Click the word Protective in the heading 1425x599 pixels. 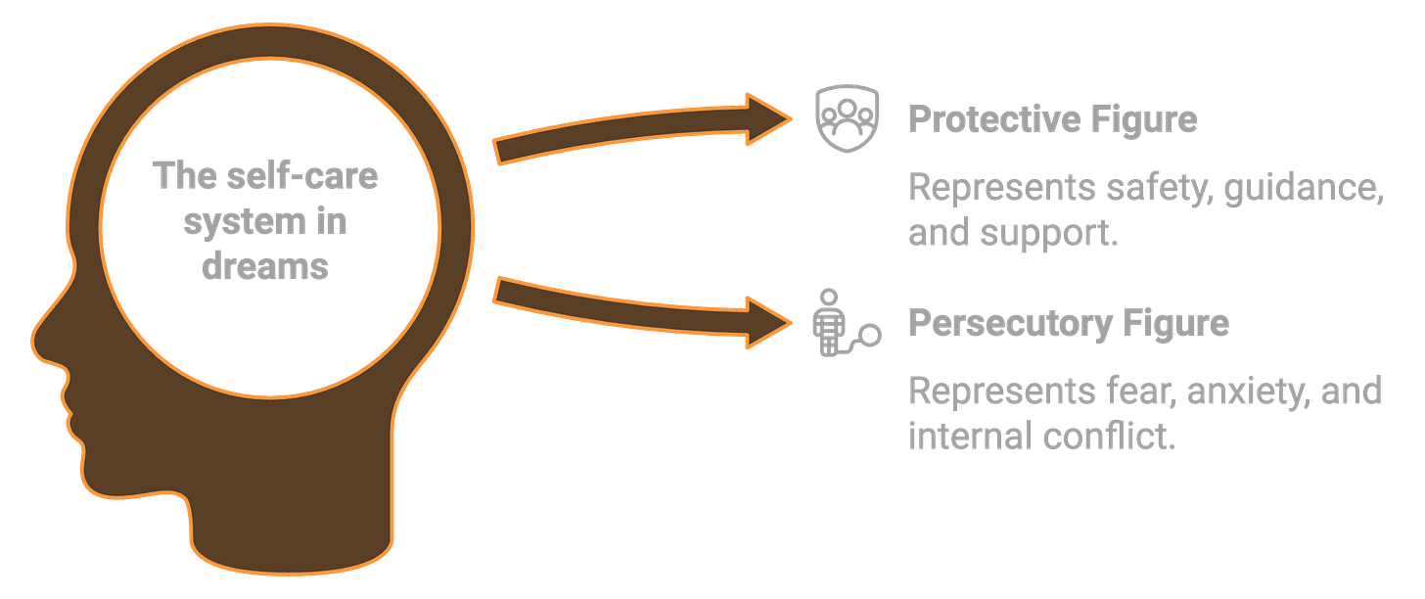click(x=992, y=119)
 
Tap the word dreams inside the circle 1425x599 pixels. click(x=265, y=266)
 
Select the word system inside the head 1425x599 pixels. click(x=234, y=222)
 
